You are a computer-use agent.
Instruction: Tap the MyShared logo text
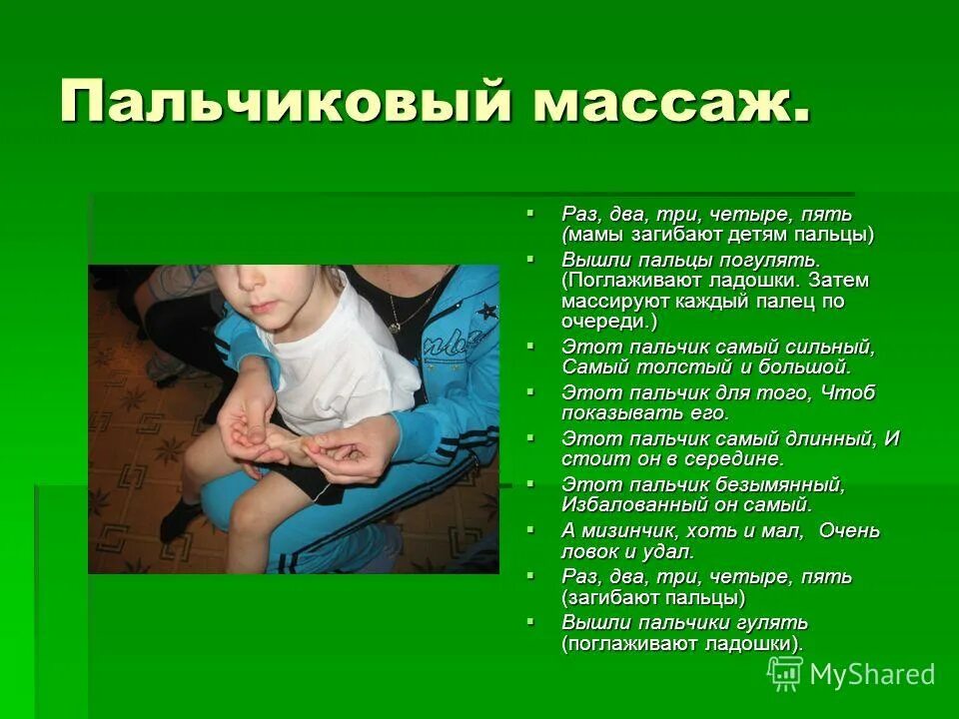pos(871,674)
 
